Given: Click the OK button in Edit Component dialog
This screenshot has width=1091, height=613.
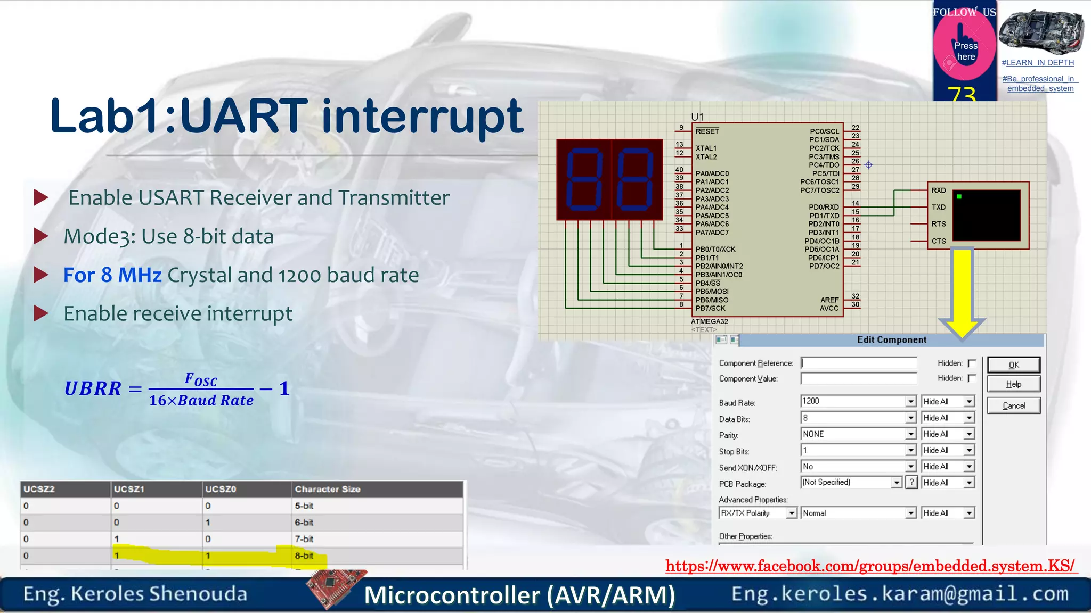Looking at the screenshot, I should point(1013,365).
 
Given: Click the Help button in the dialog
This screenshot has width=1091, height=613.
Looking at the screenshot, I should point(1013,384).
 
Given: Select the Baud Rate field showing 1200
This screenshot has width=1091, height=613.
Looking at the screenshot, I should point(853,401).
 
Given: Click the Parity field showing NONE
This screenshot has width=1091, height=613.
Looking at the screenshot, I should point(853,434).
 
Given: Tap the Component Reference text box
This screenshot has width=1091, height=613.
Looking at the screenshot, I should point(859,363).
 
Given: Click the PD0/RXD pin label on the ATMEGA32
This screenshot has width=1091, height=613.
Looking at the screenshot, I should point(824,207).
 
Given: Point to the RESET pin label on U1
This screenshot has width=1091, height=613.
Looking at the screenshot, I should point(707,131).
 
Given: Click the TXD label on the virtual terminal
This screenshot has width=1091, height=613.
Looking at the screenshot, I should point(938,207).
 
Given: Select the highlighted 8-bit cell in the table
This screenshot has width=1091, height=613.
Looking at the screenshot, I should point(305,556).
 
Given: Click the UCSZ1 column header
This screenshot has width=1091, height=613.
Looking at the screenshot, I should point(129,489).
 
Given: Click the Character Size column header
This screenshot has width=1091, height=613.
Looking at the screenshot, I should point(328,489).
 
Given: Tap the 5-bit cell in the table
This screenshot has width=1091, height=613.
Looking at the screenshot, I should point(304,506).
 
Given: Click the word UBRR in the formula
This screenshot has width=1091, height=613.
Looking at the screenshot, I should point(93,388).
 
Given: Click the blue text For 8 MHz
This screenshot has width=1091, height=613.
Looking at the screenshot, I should point(112,275).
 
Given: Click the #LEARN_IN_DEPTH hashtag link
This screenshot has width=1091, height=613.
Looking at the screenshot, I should point(1037,63).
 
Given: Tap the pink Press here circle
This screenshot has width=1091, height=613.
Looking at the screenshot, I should point(965,49).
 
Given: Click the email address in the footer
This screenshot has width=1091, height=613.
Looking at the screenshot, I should point(900,594).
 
